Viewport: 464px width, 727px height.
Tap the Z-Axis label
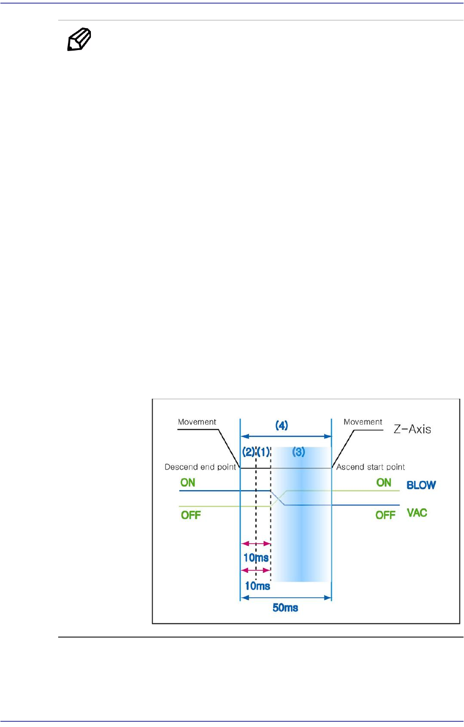point(412,429)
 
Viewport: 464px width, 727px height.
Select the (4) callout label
point(282,425)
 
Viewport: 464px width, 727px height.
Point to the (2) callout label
point(248,452)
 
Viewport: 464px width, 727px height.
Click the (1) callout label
point(263,452)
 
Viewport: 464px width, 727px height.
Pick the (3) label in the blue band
point(299,452)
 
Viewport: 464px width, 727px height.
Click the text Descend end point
point(201,467)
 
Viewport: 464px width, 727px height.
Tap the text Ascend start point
point(371,467)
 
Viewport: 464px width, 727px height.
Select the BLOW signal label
point(421,485)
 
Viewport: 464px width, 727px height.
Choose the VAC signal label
point(417,513)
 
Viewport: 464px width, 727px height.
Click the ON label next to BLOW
point(384,482)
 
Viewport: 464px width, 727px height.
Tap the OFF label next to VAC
point(385,515)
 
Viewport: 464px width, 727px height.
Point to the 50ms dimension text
point(285,608)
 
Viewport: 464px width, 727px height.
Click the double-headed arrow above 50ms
point(286,598)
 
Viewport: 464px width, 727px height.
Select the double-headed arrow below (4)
point(286,437)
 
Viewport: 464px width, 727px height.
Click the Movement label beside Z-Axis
point(363,422)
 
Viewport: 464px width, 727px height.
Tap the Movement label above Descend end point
point(197,422)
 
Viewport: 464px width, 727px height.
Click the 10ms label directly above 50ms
point(257,586)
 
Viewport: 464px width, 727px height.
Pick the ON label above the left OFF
point(188,482)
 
